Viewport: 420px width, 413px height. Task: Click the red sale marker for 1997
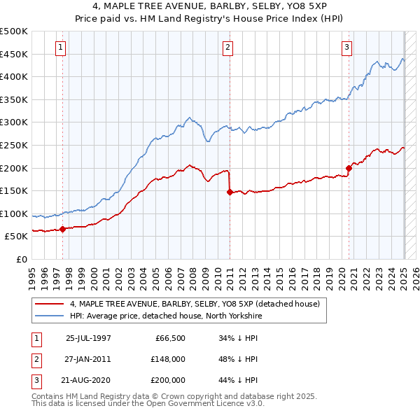(62, 229)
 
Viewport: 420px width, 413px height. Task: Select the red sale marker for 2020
(348, 168)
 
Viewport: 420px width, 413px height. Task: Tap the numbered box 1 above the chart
(62, 48)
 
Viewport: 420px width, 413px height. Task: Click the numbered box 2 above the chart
(228, 48)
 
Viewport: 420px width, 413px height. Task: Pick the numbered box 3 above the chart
(346, 48)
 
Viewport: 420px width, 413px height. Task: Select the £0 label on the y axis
(21, 259)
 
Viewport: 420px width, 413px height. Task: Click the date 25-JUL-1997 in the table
(88, 337)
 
